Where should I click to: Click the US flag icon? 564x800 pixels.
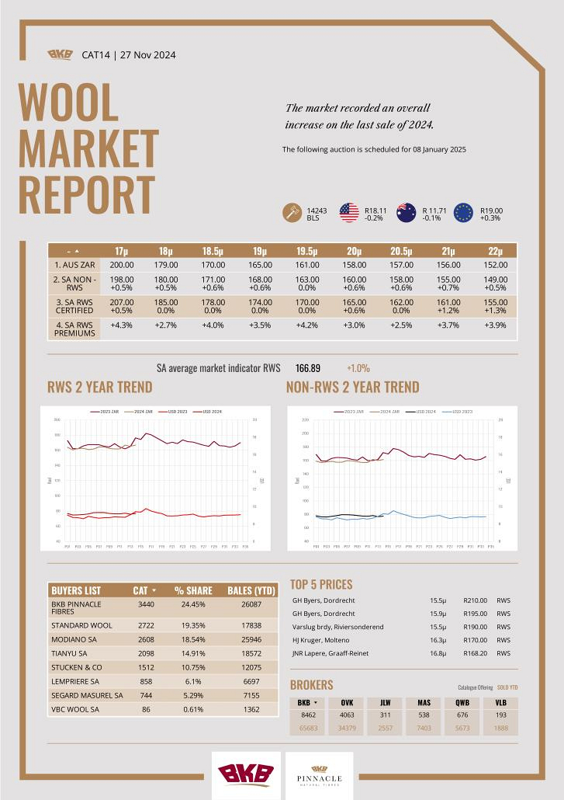tap(349, 213)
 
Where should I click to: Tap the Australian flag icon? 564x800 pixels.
tap(407, 213)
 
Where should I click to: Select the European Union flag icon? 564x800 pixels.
tap(464, 213)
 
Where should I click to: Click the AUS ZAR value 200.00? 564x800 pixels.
tap(122, 265)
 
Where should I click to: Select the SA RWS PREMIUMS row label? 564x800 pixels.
tap(74, 329)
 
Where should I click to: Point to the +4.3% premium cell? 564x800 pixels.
tap(122, 325)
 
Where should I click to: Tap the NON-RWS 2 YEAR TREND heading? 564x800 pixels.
tap(352, 387)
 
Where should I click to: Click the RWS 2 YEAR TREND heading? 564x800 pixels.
tap(99, 387)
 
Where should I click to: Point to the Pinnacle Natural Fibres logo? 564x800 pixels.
tap(314, 775)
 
